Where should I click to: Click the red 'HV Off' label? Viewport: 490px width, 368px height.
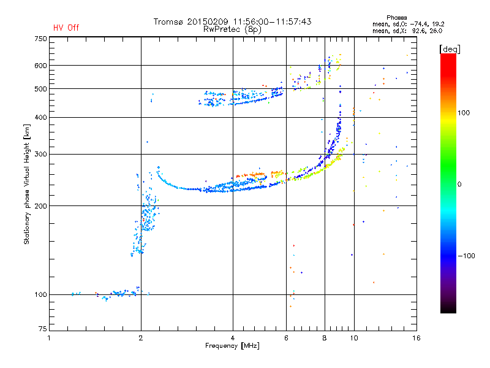(x=66, y=28)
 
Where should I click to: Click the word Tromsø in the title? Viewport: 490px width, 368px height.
(x=169, y=21)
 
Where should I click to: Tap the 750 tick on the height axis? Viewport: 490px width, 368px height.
(x=40, y=39)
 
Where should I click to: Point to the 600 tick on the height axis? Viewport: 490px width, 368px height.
(x=40, y=66)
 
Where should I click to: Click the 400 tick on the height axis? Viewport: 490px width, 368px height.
(x=40, y=117)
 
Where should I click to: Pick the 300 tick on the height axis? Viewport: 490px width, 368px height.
(x=40, y=154)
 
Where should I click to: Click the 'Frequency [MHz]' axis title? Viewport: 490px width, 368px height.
(x=232, y=346)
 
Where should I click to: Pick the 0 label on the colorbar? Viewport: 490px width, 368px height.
(x=460, y=184)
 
